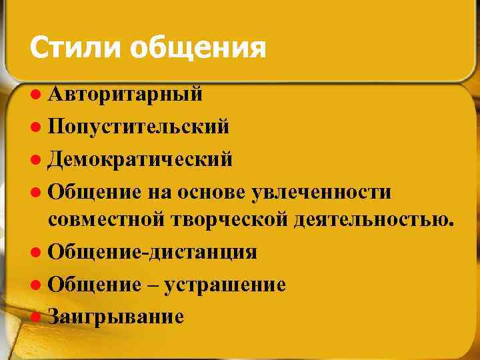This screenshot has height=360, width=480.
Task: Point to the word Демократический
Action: click(x=140, y=159)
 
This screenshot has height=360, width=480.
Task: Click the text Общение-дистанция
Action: click(x=153, y=253)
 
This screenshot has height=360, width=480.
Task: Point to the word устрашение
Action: click(x=225, y=285)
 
